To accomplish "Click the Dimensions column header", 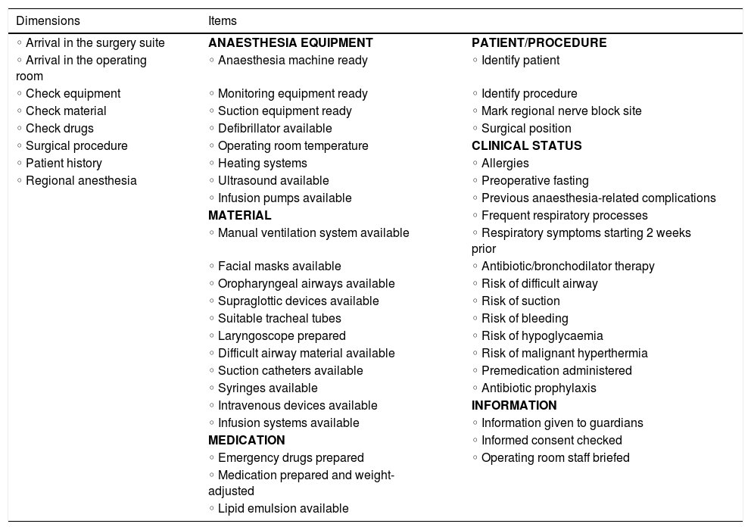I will coord(48,21).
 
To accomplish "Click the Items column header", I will coord(223,21).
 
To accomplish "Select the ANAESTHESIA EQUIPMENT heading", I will coord(291,43).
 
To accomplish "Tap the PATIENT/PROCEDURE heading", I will coord(539,43).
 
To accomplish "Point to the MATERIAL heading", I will coord(240,216).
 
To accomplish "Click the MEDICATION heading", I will coord(247,441).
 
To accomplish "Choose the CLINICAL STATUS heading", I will coord(527,146).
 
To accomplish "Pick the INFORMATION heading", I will coord(514,406).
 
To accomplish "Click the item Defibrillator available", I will coord(274,129).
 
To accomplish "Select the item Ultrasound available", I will coord(273,181).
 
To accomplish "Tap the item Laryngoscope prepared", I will coord(281,336).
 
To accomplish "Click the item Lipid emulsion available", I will coord(282,509).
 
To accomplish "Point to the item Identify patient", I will coord(520,61).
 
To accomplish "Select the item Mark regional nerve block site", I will coord(561,111).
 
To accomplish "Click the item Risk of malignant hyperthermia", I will coord(564,354).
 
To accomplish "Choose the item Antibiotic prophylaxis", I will coord(538,388).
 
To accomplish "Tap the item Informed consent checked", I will coord(551,441).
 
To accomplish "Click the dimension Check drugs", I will coord(59,129).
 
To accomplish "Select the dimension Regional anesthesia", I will coord(81,181).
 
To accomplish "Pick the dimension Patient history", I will coord(64,164).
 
